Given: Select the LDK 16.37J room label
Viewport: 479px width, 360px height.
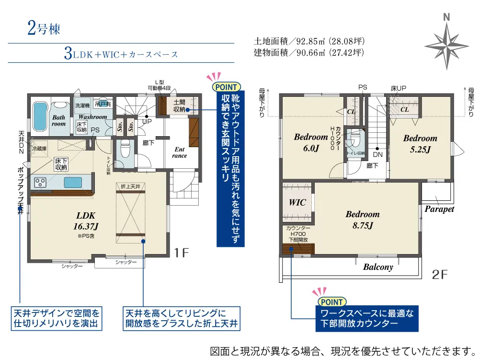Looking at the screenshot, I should [x=86, y=220].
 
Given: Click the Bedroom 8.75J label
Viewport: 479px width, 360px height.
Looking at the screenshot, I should [x=363, y=220].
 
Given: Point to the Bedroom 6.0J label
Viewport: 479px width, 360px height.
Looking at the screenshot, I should [x=311, y=142].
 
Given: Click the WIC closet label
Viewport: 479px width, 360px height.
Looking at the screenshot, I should [x=297, y=202].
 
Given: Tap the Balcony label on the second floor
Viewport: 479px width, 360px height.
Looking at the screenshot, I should [x=378, y=267].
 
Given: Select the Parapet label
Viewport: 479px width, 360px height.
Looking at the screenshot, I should [x=439, y=209].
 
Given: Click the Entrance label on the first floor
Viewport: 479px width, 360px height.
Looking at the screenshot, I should [x=179, y=152].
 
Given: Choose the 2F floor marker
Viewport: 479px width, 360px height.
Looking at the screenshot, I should [x=440, y=275].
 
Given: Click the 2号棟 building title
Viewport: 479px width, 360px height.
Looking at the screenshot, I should [x=44, y=28].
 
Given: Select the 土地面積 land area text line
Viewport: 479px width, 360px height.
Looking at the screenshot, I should [x=308, y=41].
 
